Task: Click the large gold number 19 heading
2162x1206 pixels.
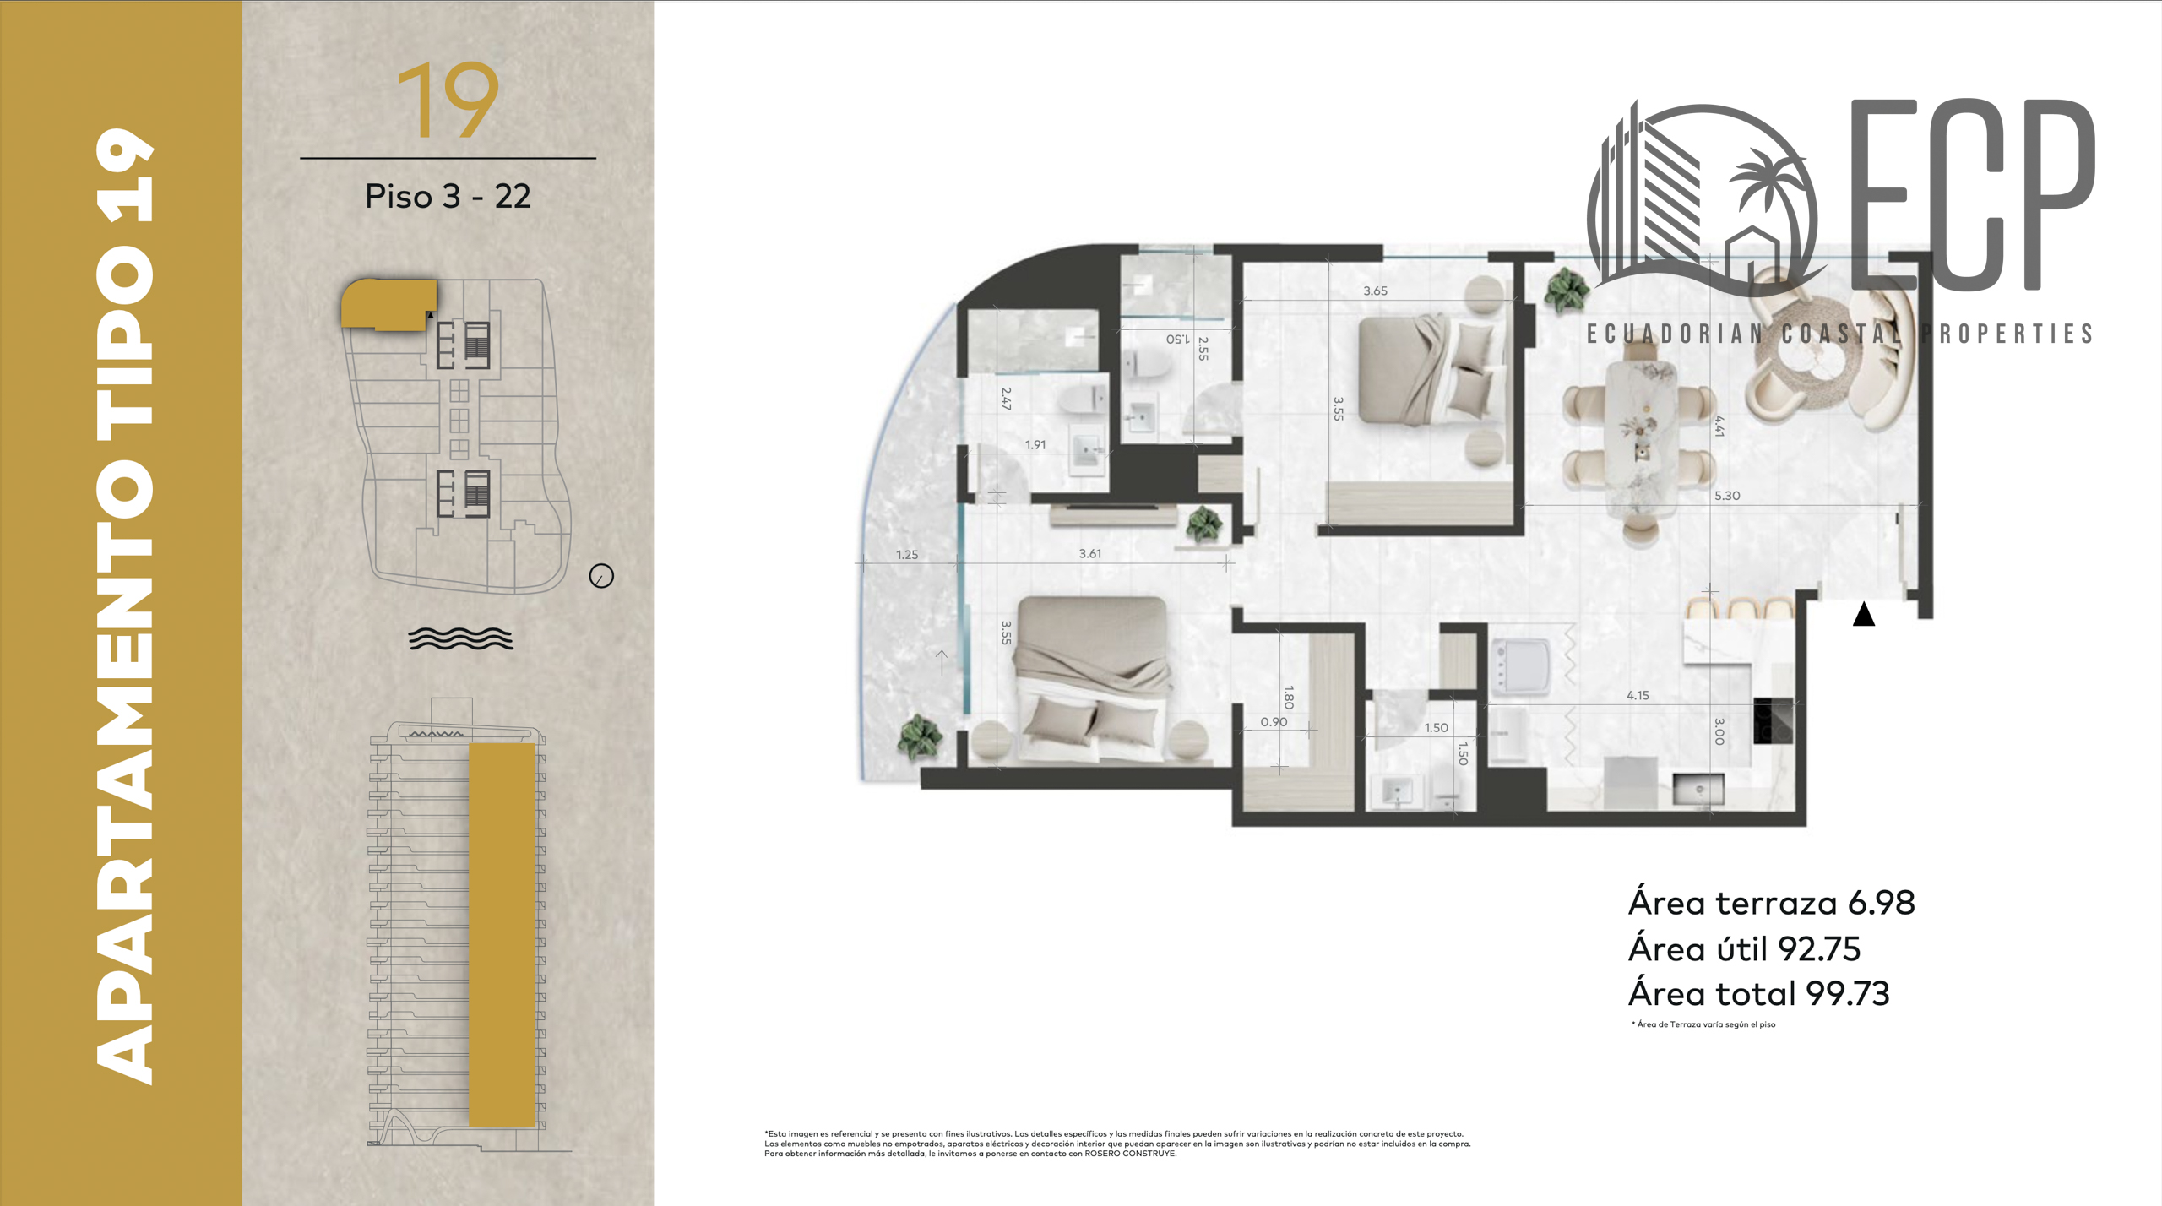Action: pos(448,100)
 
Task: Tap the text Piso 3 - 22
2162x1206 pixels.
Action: pos(448,196)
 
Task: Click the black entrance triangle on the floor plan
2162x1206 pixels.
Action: pos(1864,614)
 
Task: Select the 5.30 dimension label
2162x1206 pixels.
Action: pos(1727,496)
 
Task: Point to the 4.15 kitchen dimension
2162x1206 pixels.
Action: pos(1638,695)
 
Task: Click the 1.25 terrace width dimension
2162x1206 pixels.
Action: pos(907,555)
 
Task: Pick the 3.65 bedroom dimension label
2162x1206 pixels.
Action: pos(1375,291)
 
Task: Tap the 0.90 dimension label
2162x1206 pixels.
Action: pos(1274,722)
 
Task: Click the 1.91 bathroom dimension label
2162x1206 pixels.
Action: pos(1035,445)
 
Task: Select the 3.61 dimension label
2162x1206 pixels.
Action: pos(1090,554)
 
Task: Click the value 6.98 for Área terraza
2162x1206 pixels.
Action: pos(1881,903)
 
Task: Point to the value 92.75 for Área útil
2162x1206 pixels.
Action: pos(1819,949)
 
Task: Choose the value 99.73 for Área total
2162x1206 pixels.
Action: pos(1847,994)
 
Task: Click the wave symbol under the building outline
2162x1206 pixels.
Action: pos(460,638)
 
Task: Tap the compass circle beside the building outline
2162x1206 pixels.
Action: pos(601,576)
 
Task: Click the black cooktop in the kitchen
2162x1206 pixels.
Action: pos(1774,720)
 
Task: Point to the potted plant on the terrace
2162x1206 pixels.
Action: pos(919,736)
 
